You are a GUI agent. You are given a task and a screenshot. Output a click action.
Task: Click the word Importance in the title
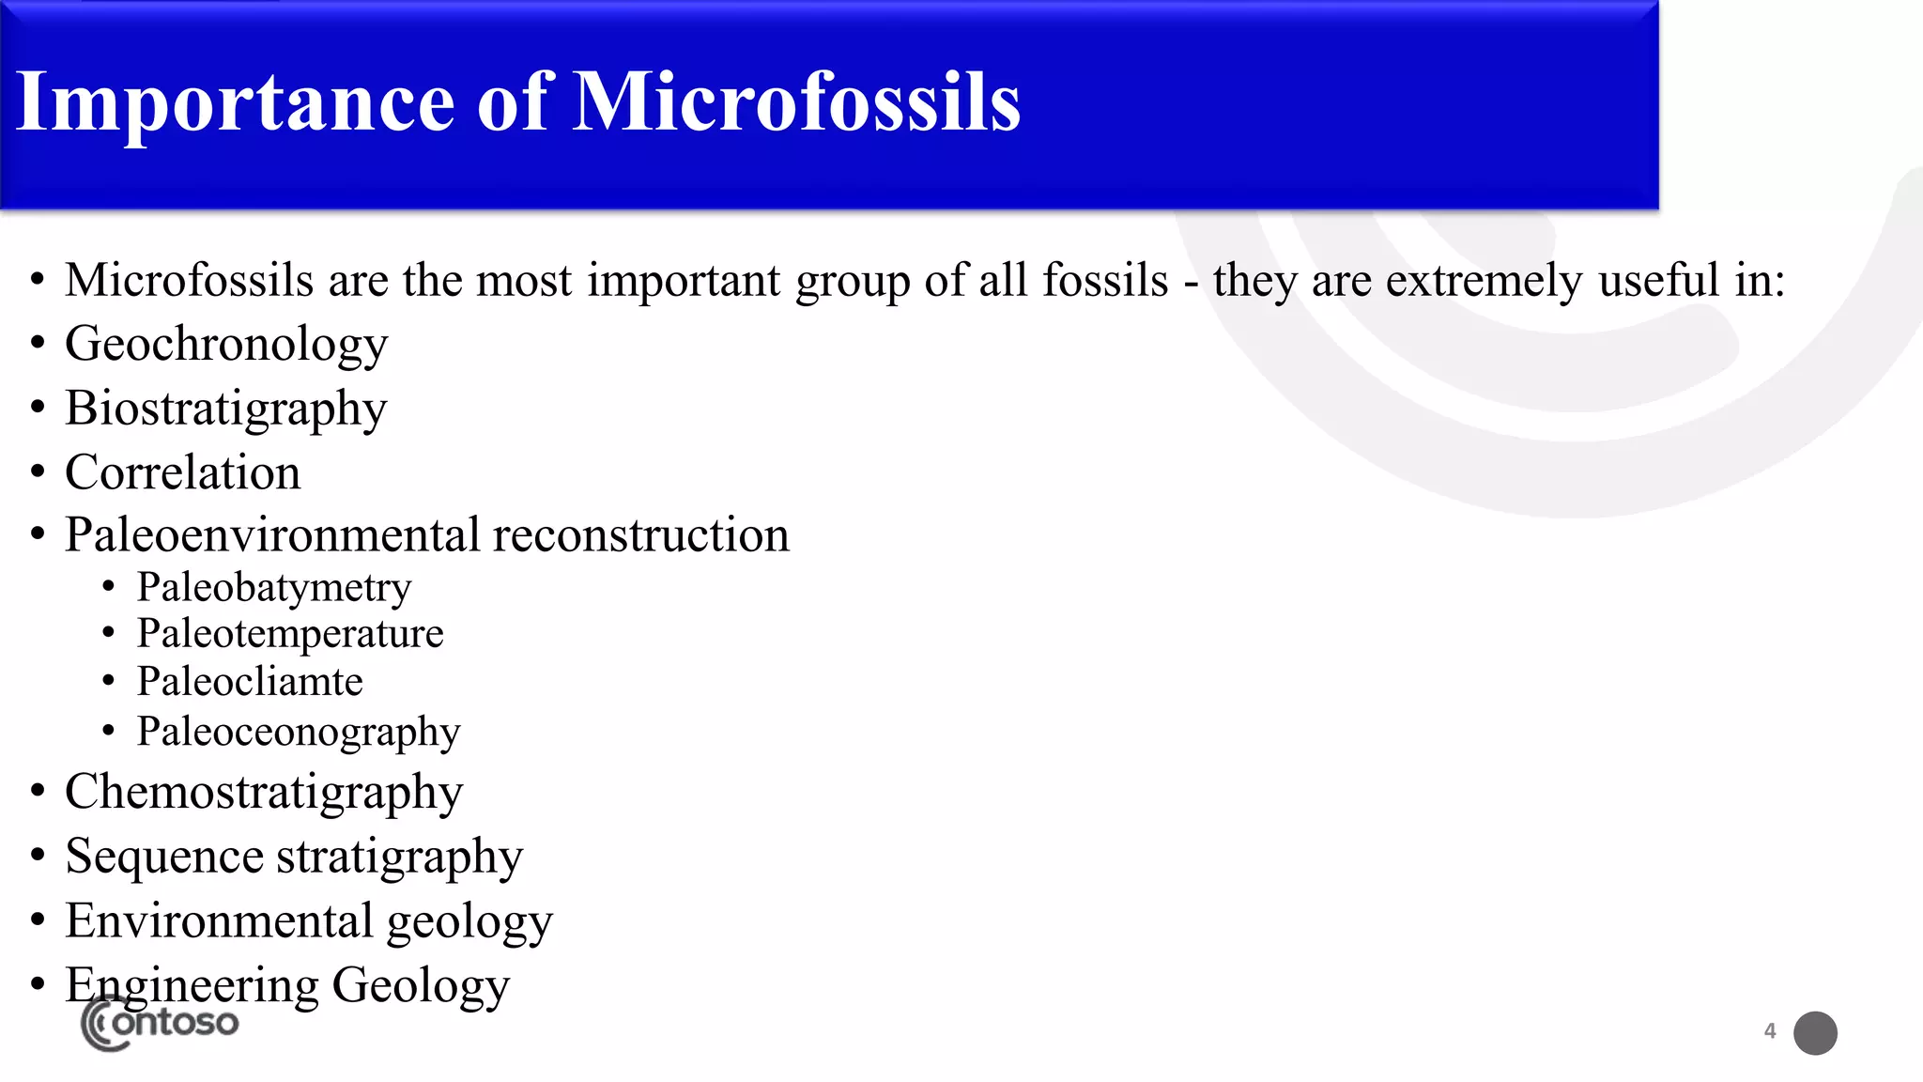(x=235, y=102)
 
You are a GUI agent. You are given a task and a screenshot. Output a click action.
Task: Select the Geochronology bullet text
(x=226, y=345)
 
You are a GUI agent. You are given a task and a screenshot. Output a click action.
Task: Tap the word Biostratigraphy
(x=226, y=410)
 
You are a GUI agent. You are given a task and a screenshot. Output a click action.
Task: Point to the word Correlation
(x=183, y=472)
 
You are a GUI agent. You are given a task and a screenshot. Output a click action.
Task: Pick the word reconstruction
(x=641, y=535)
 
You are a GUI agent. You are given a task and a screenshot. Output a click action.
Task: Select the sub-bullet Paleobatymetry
(x=274, y=588)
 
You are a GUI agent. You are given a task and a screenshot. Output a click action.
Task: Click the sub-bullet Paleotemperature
(x=290, y=634)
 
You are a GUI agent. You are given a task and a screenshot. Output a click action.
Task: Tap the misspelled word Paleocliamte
(x=250, y=682)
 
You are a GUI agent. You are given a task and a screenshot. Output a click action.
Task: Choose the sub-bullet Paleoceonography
(x=299, y=732)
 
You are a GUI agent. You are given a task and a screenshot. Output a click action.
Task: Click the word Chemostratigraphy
(x=264, y=793)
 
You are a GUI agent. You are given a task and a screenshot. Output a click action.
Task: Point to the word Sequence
(x=164, y=857)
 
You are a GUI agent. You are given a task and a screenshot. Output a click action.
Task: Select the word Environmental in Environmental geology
(x=219, y=920)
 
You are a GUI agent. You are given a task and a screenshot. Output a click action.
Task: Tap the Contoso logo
(x=160, y=1024)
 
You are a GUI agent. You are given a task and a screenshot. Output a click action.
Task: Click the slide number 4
(x=1770, y=1031)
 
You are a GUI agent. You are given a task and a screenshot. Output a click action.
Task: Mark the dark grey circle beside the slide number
(x=1815, y=1033)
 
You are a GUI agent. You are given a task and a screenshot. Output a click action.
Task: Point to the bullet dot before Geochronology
(x=38, y=344)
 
